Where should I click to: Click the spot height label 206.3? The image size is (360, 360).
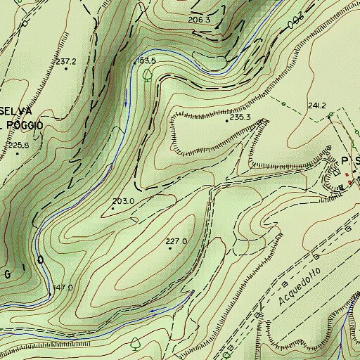coord(200,20)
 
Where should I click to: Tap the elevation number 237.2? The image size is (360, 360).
coord(66,62)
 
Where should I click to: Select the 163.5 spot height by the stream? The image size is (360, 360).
coord(146,61)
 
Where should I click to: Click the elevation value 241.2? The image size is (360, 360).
coord(317,106)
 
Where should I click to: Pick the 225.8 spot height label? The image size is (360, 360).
coord(19,146)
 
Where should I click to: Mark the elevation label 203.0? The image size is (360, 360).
coord(123,201)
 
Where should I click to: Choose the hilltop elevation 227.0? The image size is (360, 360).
coord(176,242)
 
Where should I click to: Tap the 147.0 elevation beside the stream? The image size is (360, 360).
coord(63,287)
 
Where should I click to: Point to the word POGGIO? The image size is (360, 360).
coord(26,125)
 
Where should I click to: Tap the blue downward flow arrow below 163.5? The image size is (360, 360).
coord(127,98)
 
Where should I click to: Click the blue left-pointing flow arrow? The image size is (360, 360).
coord(158,309)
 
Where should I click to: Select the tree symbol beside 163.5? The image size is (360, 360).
coord(147,75)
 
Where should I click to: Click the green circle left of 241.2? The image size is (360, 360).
coord(283,105)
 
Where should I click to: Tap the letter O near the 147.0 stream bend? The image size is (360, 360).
coord(41,259)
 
